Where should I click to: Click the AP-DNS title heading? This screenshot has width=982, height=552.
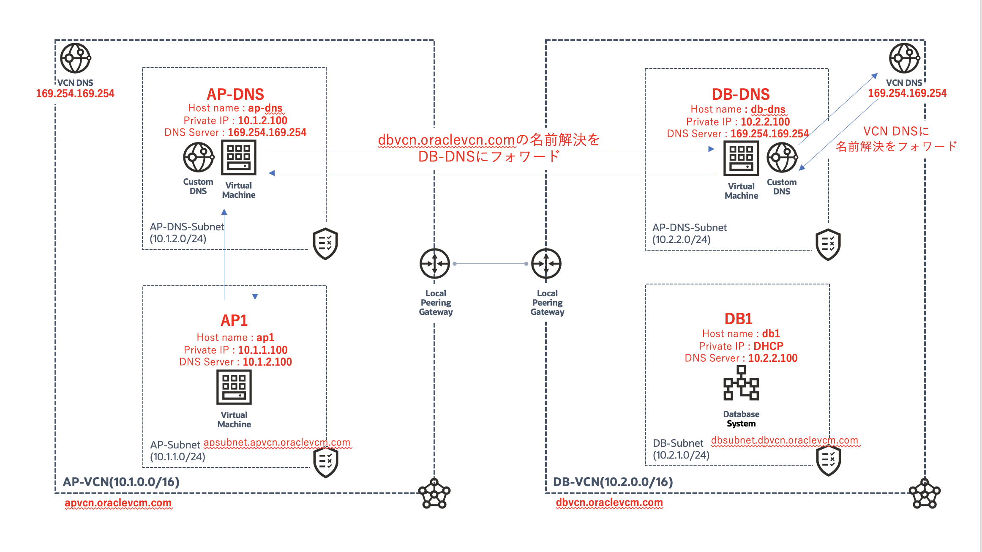(235, 94)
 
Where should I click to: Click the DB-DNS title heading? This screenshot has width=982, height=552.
(740, 94)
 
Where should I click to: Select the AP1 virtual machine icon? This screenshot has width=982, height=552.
(234, 387)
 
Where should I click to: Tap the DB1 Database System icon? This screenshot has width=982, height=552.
(741, 383)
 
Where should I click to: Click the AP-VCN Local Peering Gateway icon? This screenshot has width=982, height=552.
(435, 264)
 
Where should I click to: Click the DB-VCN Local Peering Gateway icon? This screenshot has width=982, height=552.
(546, 264)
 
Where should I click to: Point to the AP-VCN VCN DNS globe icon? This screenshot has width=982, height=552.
(75, 58)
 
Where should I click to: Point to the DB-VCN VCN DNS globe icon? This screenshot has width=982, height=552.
(904, 58)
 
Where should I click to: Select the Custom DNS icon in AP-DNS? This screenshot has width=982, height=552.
(198, 157)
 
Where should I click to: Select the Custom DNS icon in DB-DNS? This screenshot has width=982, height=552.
(782, 158)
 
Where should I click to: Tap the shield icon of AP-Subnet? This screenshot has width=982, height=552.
(326, 462)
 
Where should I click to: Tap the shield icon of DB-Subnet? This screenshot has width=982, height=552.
(828, 460)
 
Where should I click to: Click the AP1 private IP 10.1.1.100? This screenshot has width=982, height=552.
(262, 350)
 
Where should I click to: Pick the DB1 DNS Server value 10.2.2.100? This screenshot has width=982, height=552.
(772, 358)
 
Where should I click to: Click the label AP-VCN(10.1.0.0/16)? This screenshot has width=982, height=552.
(121, 482)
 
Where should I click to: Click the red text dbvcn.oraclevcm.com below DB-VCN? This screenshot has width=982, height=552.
(609, 503)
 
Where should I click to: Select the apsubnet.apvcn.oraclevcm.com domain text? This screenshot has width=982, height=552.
(277, 443)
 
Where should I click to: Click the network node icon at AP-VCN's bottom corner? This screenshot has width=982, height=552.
(434, 494)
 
